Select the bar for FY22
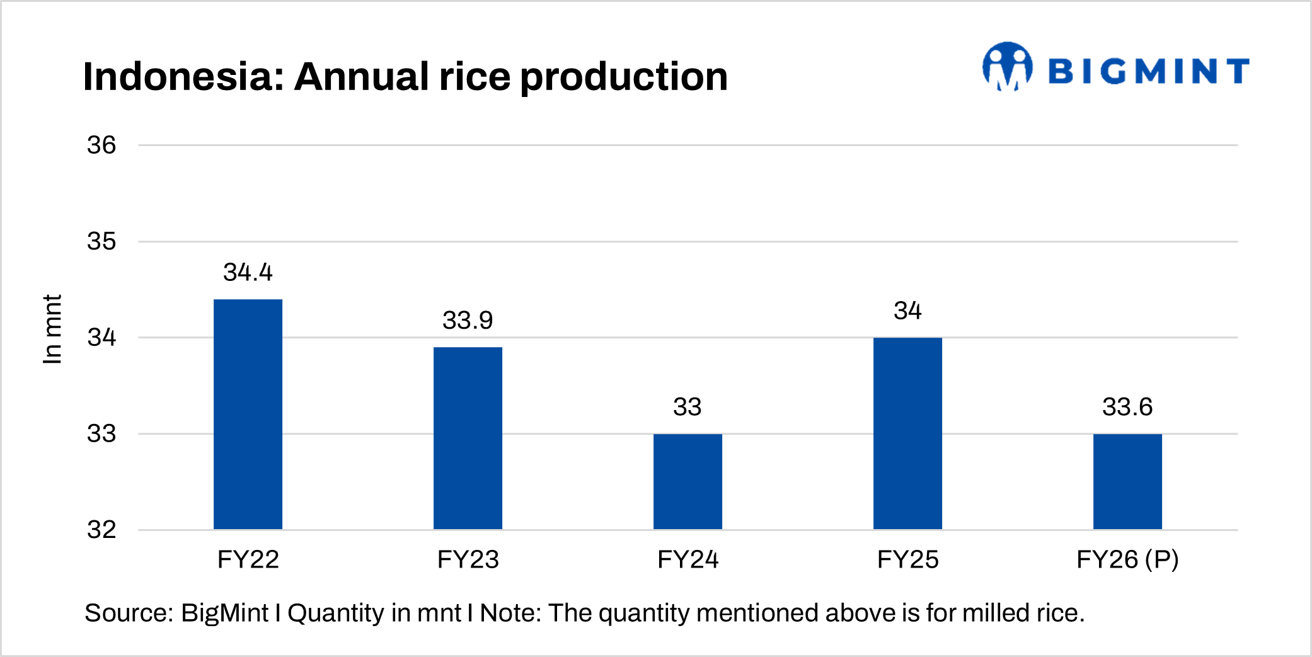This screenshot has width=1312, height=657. [x=248, y=414]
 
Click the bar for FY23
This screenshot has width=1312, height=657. [x=468, y=438]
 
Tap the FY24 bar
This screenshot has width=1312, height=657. [x=688, y=481]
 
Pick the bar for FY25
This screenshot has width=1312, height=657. [x=907, y=433]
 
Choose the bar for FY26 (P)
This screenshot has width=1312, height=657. [x=1127, y=481]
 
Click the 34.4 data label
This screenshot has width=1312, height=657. [x=248, y=272]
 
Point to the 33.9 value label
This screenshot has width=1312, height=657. [x=468, y=320]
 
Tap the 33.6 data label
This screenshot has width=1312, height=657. [x=1127, y=407]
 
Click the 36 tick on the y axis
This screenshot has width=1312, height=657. [x=101, y=146]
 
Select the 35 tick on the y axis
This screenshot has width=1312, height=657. [x=101, y=241]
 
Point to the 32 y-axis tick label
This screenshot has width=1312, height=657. [x=101, y=530]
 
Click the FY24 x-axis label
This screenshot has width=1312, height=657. [x=688, y=559]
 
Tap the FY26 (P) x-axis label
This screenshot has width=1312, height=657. [x=1127, y=559]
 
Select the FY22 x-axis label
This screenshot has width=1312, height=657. [x=248, y=559]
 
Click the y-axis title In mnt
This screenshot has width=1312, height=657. [x=52, y=329]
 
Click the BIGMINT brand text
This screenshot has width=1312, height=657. [x=1148, y=71]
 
